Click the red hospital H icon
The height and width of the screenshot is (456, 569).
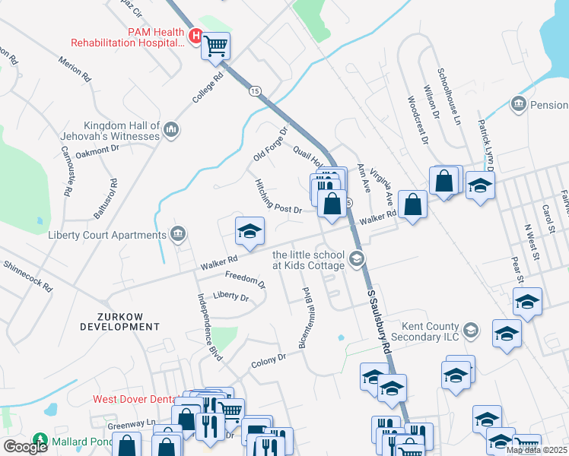coord(195,36)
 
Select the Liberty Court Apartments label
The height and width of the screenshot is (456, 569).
coord(106,235)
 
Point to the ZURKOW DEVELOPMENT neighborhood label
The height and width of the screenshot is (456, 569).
coord(120,320)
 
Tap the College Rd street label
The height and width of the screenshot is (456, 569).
coord(208,88)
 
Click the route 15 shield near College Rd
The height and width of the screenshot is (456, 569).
coord(254,91)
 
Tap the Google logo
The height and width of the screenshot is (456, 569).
coord(25,446)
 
